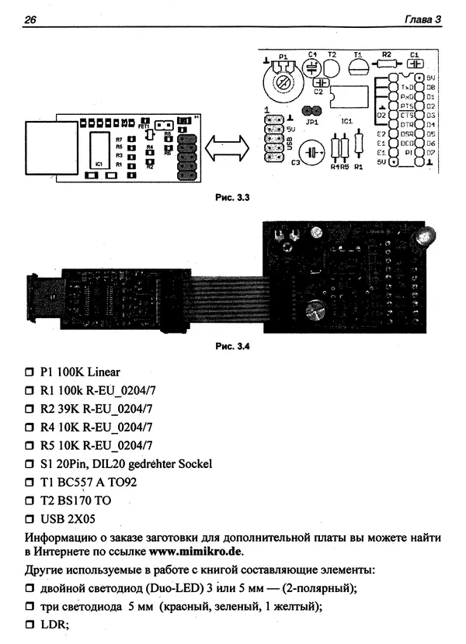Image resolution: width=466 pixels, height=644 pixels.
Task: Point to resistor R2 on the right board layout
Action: [385, 64]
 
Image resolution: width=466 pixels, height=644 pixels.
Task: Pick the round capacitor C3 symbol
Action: [314, 152]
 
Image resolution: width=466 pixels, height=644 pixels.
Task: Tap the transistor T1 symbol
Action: [359, 67]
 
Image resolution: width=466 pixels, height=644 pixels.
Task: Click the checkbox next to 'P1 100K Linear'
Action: [30, 372]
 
